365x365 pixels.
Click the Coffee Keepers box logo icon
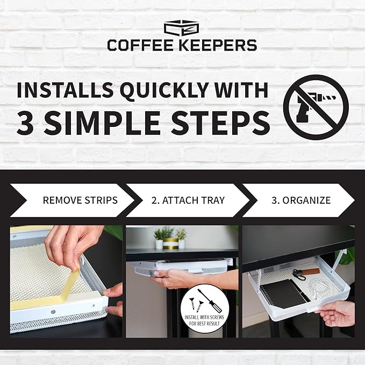pyautogui.click(x=182, y=28)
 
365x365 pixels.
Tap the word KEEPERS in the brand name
pyautogui.click(x=219, y=45)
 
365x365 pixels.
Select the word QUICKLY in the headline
pyautogui.click(x=164, y=90)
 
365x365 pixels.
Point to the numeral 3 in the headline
pyautogui.click(x=25, y=123)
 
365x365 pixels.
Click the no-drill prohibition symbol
pyautogui.click(x=316, y=107)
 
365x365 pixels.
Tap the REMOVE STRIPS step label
pyautogui.click(x=80, y=200)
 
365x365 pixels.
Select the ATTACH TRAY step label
pyautogui.click(x=188, y=200)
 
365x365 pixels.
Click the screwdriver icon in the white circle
pyautogui.click(x=210, y=301)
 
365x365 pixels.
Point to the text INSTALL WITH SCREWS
pyautogui.click(x=204, y=317)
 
